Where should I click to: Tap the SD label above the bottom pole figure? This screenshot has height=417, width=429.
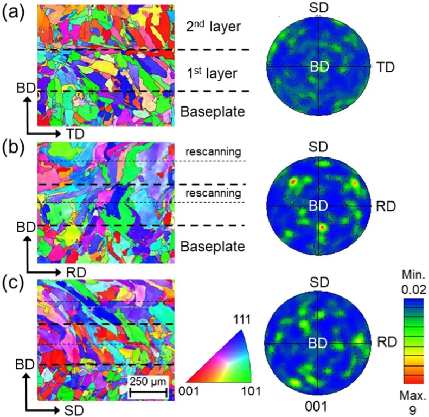pos(319,282)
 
